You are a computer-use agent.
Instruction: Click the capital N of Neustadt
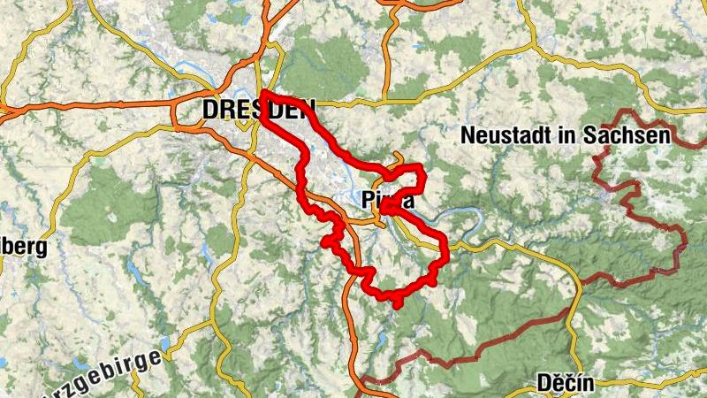[468, 135]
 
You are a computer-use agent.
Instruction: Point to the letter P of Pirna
[369, 202]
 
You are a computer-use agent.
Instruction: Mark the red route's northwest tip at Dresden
[264, 93]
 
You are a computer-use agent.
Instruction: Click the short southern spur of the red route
[398, 303]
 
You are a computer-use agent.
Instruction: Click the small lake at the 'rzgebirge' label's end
[165, 345]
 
